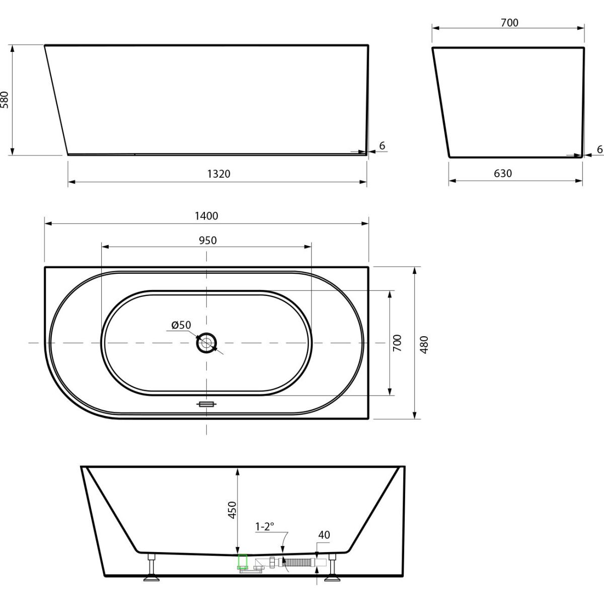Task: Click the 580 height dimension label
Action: coord(5,100)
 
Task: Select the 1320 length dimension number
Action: coord(219,174)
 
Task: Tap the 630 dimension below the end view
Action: coord(503,173)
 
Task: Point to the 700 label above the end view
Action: coord(509,23)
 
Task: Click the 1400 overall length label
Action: coord(206,216)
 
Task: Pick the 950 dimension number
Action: coord(207,241)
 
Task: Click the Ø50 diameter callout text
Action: coord(181,325)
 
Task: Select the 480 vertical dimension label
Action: coord(424,345)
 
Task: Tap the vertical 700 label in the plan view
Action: coord(397,343)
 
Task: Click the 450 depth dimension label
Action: coord(232,510)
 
